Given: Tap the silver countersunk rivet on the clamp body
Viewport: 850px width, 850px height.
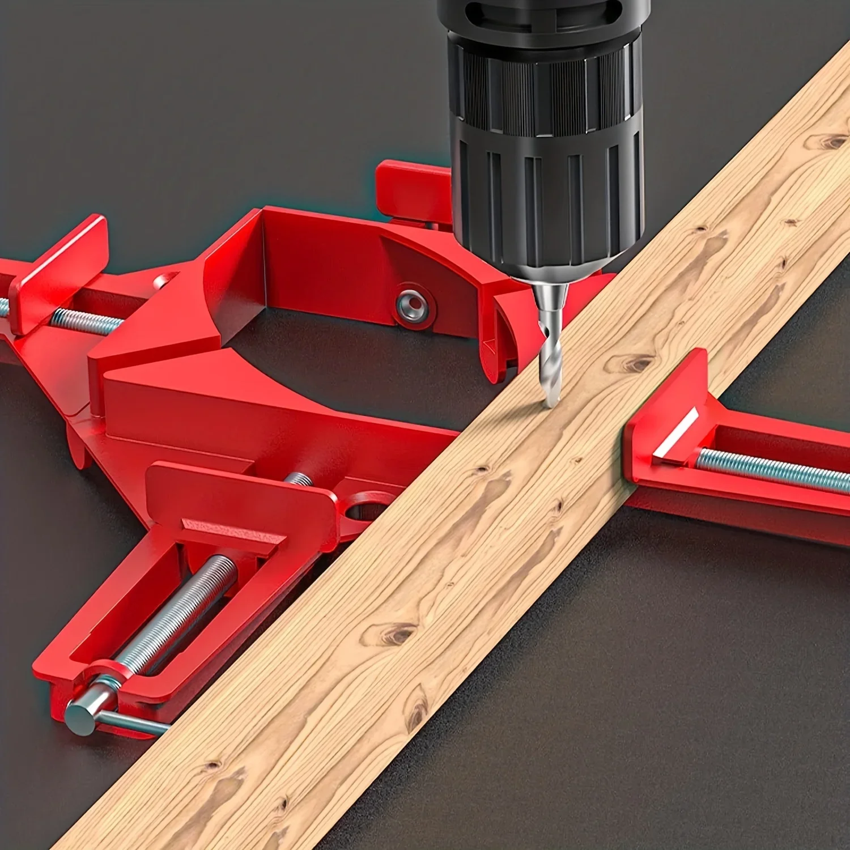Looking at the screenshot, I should pos(412,306).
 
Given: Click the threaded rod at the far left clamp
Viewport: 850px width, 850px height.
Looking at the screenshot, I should pos(85,322).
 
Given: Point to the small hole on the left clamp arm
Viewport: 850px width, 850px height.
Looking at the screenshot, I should pos(164,280).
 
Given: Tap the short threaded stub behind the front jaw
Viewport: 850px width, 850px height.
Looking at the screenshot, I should pos(298,479).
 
